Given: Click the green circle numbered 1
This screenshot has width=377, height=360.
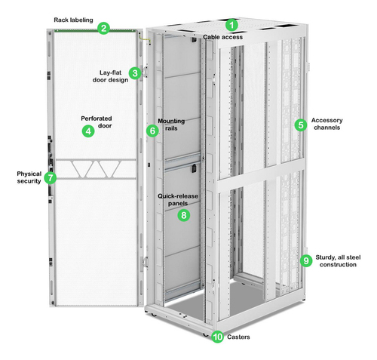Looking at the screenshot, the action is [231, 25].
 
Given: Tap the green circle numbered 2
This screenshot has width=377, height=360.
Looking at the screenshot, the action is [103, 28].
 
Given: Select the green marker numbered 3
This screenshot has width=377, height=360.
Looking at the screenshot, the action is [135, 73].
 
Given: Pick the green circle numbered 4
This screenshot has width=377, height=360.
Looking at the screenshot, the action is [88, 131].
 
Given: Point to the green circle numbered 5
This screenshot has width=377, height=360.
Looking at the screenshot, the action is [301, 125].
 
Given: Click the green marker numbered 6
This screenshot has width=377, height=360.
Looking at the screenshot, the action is [152, 131].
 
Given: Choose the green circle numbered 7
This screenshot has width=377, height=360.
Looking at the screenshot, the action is [51, 178].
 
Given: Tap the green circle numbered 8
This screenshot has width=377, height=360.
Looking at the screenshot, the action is [184, 215].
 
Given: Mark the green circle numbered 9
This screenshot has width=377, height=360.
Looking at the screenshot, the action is [306, 260].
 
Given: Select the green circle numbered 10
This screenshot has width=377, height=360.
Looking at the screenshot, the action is [217, 337].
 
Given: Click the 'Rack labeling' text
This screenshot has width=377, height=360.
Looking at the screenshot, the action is [73, 20].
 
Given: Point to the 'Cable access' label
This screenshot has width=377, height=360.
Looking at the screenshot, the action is [223, 37].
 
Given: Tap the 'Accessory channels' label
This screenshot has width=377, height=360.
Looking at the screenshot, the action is [326, 124].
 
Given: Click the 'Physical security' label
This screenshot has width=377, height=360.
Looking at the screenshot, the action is [29, 177].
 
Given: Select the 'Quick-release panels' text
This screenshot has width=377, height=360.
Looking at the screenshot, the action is [178, 199].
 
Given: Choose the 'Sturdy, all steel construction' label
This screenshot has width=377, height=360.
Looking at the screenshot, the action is [338, 261].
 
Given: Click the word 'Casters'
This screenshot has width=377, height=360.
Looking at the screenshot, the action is [238, 337].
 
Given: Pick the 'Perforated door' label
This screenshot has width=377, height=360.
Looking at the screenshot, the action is [97, 122].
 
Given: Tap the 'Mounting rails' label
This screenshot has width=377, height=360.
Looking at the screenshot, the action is [171, 125].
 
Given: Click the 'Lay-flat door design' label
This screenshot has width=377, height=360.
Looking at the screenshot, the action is [110, 76].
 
